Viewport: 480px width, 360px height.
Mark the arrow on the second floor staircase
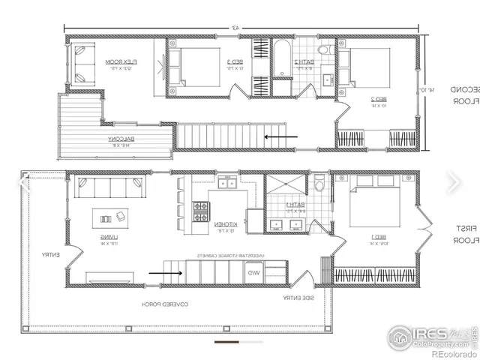tap(282, 137)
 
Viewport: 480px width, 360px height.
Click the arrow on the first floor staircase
tap(166, 273)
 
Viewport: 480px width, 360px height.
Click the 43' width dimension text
tap(235, 28)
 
